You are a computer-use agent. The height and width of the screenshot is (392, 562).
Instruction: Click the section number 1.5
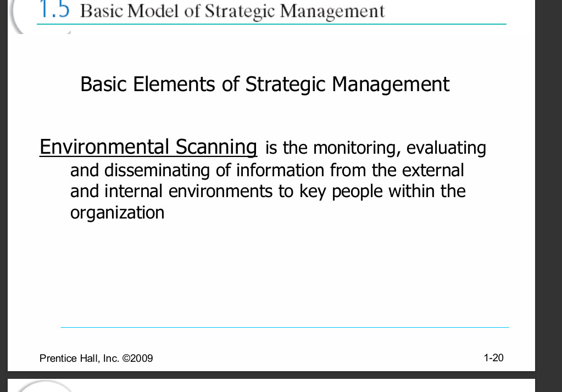pos(54,9)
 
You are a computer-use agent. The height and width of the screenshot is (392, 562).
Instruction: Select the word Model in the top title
pos(153,11)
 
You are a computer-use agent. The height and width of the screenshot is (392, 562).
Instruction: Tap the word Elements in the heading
pos(174,84)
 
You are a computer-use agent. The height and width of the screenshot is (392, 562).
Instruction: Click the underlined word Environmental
pos(104,147)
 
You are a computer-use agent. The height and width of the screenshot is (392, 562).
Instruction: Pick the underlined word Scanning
pos(216,147)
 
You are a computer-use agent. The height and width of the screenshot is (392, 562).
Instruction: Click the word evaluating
pos(446,148)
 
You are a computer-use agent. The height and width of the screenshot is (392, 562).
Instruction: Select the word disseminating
pos(157,170)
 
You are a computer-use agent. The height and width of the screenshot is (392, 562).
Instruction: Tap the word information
pos(280,170)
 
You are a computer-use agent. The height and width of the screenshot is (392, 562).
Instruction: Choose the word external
pos(433,170)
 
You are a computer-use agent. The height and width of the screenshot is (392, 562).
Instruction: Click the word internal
pos(133,191)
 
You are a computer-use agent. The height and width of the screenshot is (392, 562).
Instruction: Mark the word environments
pos(220,192)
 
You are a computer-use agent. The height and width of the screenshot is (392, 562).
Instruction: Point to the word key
pos(313,192)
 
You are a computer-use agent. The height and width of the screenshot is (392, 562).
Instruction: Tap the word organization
pos(117,213)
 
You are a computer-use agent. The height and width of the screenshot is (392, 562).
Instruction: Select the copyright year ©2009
pos(138,359)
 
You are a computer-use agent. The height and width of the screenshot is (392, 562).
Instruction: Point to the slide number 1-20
pos(493,357)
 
